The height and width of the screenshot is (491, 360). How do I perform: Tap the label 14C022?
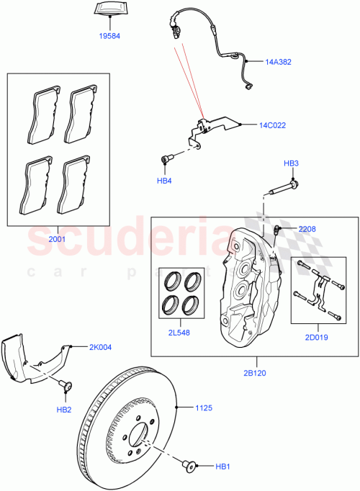point(272,125)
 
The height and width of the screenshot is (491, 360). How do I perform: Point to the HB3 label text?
point(290,163)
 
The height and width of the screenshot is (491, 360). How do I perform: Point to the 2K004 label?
point(100,346)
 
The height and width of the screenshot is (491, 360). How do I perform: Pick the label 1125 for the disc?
point(204,408)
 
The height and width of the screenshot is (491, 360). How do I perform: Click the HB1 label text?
point(224,467)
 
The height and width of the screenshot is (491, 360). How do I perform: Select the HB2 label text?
point(63,410)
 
